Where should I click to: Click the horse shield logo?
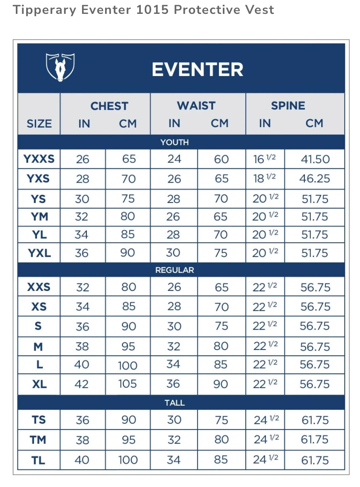(x=60, y=67)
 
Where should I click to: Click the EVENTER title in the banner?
(x=197, y=70)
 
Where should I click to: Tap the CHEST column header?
(x=109, y=106)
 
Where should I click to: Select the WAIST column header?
(x=196, y=106)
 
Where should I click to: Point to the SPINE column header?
(x=288, y=106)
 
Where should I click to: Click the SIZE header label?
(x=39, y=124)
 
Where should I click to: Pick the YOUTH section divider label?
(x=174, y=142)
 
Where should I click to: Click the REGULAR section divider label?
(x=174, y=270)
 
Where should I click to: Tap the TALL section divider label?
(x=174, y=403)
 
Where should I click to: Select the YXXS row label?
(x=39, y=159)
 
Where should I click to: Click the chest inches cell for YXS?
(x=82, y=179)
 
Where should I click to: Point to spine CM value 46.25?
(x=314, y=179)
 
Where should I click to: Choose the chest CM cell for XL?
(x=127, y=384)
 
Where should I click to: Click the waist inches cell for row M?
(x=174, y=347)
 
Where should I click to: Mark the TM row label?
(x=38, y=440)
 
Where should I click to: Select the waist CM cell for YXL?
(x=221, y=253)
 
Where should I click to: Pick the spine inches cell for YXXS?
(x=264, y=159)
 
